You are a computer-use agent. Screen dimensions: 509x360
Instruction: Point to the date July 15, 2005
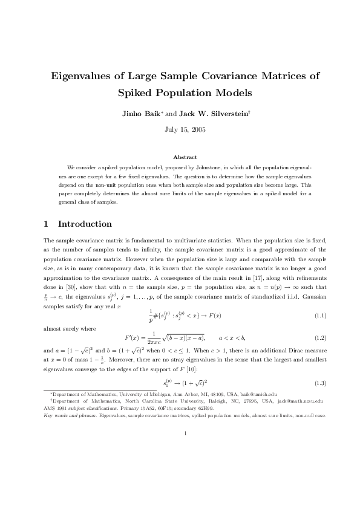click(180, 129)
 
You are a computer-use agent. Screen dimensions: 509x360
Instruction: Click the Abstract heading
click(180, 157)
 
